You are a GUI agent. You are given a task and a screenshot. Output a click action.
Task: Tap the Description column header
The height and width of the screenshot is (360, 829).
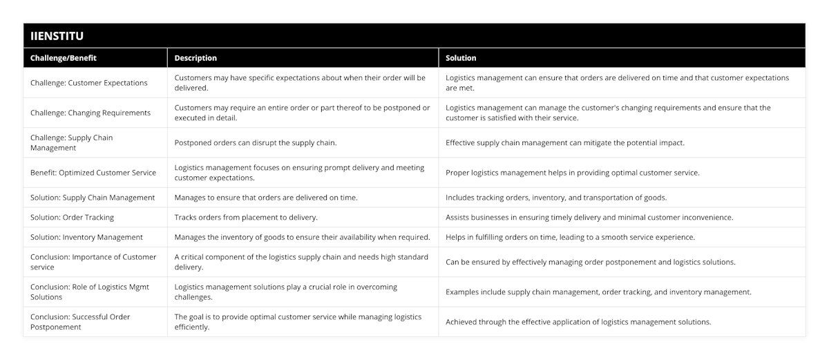coord(196,58)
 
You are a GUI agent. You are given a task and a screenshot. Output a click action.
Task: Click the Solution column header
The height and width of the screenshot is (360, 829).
coord(461,58)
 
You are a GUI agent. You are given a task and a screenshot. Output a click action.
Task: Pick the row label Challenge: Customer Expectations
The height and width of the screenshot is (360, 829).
coord(89,83)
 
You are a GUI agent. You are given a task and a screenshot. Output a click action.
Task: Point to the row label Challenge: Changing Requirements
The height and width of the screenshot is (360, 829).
coord(90,113)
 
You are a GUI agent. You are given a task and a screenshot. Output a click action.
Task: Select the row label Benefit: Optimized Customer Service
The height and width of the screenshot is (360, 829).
coord(93,173)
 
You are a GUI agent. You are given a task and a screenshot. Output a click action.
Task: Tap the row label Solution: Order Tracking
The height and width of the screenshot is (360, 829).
coord(73,217)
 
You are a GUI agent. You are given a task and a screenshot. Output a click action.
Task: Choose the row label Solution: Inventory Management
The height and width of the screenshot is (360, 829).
coord(86,237)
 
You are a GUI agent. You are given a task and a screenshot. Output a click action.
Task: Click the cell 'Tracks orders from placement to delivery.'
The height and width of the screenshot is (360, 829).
coord(246,217)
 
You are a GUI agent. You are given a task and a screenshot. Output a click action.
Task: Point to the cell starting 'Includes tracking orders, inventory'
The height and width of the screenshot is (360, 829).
coord(556,198)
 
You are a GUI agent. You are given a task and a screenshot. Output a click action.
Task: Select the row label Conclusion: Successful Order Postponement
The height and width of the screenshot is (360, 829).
coord(80,322)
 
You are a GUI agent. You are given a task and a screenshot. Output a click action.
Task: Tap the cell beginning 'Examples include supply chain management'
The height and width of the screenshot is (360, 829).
coord(598,292)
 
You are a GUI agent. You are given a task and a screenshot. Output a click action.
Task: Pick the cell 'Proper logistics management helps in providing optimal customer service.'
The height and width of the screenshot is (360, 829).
coord(573,173)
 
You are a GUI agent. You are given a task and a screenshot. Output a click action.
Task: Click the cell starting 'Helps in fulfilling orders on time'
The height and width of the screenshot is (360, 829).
coord(570,237)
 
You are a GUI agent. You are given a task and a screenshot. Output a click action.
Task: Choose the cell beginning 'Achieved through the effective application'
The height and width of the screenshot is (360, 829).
coord(578,322)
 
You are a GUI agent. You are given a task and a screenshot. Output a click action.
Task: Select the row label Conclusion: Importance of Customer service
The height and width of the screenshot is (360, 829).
coord(93,262)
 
